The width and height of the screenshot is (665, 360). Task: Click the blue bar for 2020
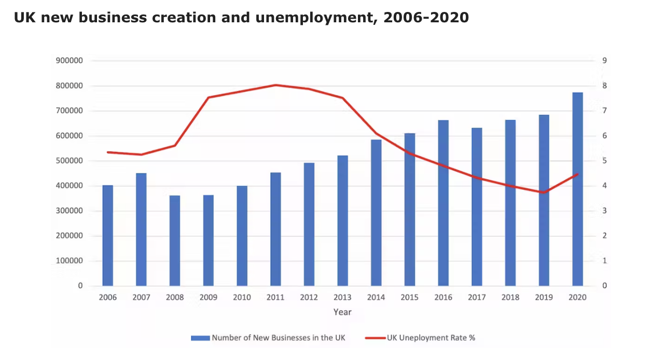point(577,189)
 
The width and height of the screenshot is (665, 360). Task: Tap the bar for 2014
point(376,213)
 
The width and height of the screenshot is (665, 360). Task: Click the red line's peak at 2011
point(275,85)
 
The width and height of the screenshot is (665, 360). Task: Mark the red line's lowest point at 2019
point(544,192)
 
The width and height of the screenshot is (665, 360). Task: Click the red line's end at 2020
point(577,174)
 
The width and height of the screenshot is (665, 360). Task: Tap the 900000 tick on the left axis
point(68,61)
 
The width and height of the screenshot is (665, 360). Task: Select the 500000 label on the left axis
point(68,161)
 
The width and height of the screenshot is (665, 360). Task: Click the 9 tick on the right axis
point(604,61)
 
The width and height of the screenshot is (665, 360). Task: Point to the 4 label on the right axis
point(604,186)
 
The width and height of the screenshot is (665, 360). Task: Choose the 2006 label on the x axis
point(107,297)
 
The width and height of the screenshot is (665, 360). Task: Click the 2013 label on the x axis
point(342,297)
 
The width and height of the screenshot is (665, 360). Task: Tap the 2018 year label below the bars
point(510,297)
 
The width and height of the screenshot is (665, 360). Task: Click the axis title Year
point(342,312)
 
